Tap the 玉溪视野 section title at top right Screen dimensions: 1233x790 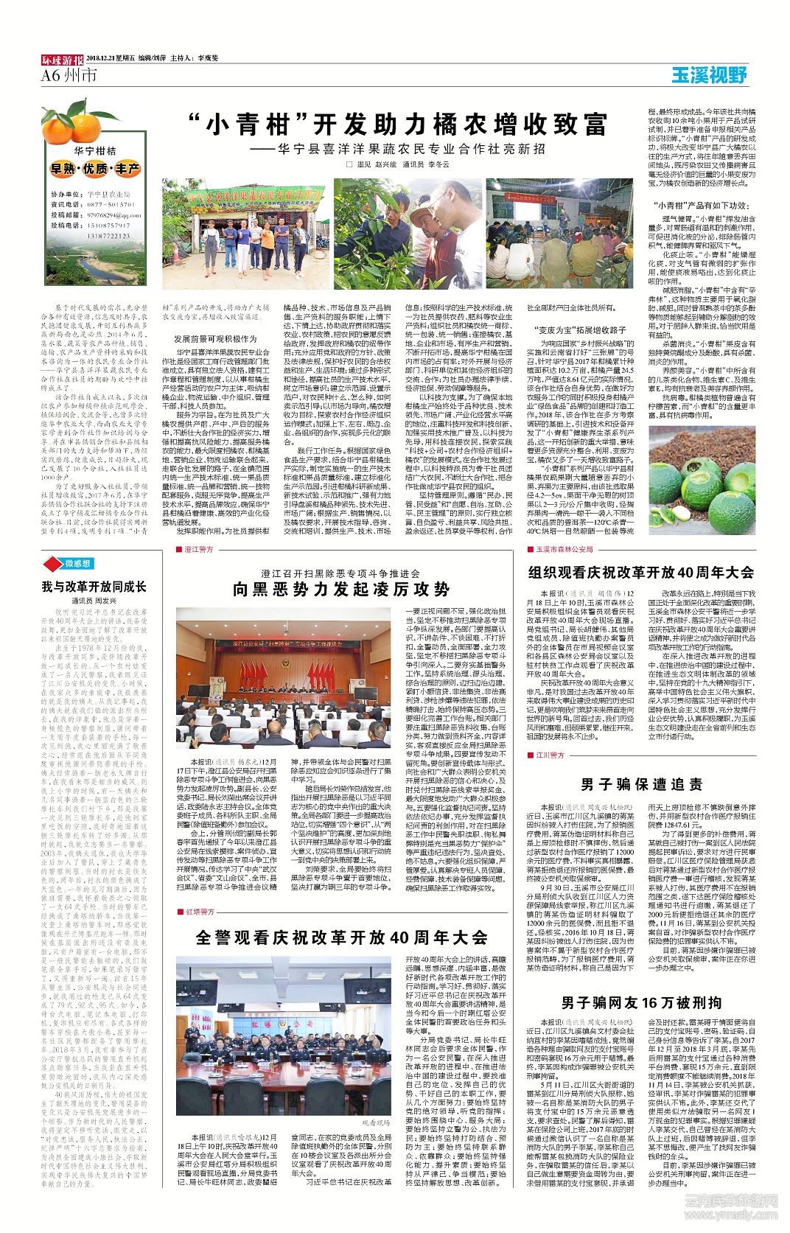tap(709, 74)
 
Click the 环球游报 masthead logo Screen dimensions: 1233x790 tap(62, 59)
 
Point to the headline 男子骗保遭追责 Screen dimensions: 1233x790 tap(641, 784)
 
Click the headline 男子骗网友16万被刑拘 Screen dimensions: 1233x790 tap(641, 1002)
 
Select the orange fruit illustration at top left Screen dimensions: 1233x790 tap(69, 125)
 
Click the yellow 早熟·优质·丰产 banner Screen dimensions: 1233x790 tap(94, 169)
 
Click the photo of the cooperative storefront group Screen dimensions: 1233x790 tap(245, 234)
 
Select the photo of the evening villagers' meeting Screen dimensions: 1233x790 tap(559, 234)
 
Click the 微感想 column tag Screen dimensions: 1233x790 tap(72, 564)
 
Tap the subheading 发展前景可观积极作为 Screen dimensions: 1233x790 tap(215, 338)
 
